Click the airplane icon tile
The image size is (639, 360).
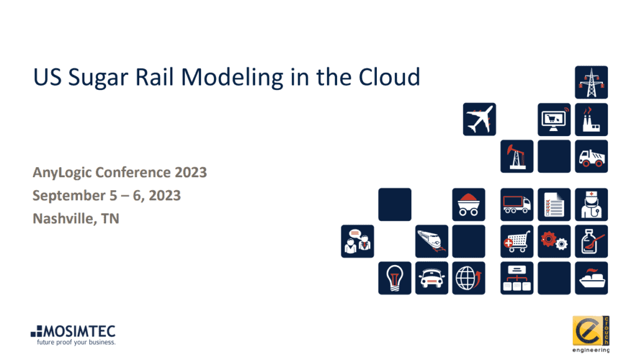479,119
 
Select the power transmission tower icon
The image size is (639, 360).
591,82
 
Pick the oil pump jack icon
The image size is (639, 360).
517,156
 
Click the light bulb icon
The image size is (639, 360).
394,278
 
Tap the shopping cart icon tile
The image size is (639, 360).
517,241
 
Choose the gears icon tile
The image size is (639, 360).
554,241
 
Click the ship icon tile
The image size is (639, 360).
591,278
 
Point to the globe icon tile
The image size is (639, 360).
469,278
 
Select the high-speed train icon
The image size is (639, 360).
432,241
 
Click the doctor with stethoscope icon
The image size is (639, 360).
591,205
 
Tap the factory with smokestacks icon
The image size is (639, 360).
591,119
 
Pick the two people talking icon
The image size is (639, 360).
358,241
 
